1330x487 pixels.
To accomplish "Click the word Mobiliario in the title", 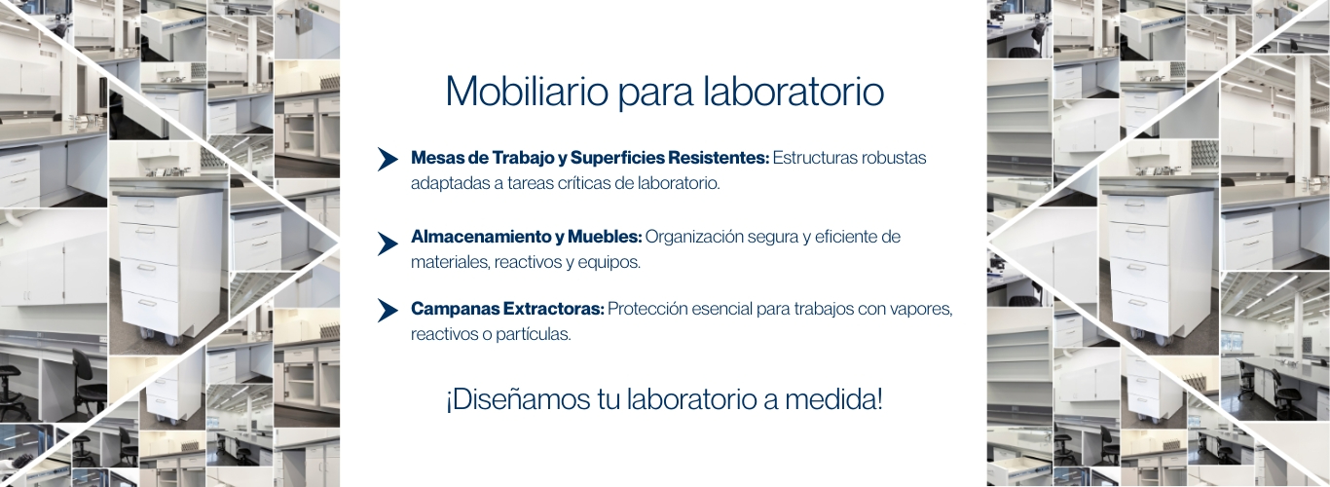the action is coord(528,92).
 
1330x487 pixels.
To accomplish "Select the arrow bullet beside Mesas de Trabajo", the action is coord(388,159).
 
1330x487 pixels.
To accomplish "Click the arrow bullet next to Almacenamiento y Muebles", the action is coord(388,243).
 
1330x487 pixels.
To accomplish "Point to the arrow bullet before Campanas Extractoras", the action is coord(388,311).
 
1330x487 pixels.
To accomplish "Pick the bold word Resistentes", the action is coord(719,158).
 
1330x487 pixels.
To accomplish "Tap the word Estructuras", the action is coord(815,158).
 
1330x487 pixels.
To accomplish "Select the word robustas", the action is coord(894,158).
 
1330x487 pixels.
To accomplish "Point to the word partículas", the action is coord(534,334).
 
